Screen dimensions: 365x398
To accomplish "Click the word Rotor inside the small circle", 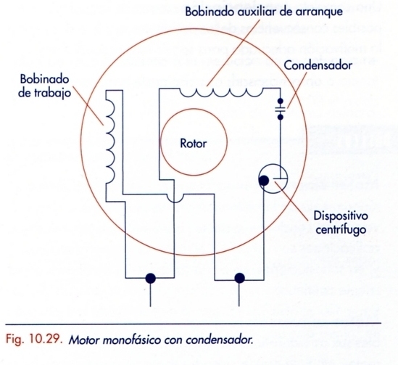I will tap(192, 143).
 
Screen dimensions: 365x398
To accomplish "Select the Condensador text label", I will tap(318, 66).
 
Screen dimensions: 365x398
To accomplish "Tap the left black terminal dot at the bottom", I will tap(151, 278).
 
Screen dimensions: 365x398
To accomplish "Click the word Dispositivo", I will tap(341, 216).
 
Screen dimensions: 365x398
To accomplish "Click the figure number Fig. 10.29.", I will tap(33, 338).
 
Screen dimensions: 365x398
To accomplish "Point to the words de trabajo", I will tap(41, 92).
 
